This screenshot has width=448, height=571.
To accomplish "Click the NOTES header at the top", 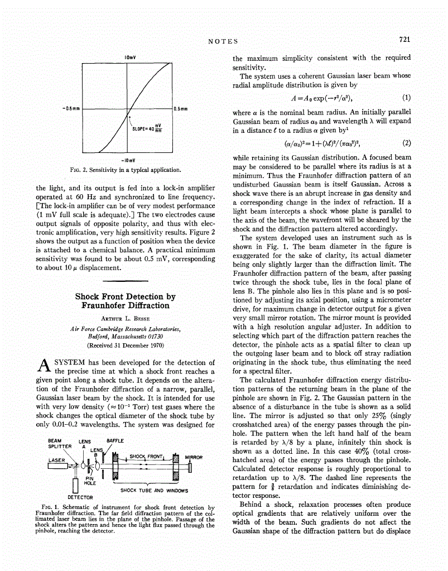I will tap(223, 41).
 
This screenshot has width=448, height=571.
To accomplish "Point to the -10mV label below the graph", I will tap(131, 159).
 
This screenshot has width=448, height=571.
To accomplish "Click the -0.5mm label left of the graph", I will tap(72, 108).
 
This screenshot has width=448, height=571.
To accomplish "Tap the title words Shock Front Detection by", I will tap(125, 296).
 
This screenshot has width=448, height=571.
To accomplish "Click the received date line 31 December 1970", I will tap(125, 345).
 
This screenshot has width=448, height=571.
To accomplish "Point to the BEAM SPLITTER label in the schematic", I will tap(59, 443).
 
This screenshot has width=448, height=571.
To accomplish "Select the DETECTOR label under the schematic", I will tap(80, 496).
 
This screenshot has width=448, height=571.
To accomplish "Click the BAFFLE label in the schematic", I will tap(115, 440).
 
